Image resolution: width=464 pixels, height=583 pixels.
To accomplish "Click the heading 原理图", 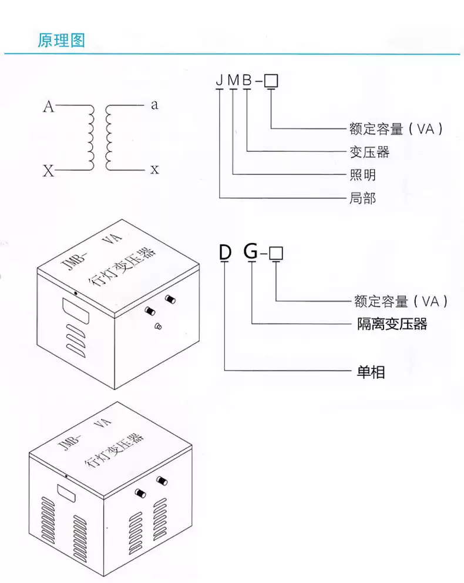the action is click(62, 41).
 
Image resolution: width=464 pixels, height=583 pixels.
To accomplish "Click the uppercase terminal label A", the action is click(49, 107).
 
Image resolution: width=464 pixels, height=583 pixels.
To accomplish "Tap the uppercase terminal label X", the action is click(48, 171).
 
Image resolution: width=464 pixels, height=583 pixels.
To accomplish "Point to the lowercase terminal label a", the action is click(154, 105).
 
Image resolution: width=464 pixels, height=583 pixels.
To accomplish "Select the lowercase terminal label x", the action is click(154, 170).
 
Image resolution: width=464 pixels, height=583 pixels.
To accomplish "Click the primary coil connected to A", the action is click(90, 138).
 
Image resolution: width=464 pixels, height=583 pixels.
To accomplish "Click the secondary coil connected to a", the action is click(109, 138).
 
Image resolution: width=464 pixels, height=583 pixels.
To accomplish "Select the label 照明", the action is click(362, 175).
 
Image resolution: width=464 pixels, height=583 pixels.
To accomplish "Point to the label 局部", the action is click(362, 198).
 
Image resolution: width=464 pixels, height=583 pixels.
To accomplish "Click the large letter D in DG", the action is click(225, 252).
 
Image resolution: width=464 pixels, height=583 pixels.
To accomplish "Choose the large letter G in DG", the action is click(251, 252).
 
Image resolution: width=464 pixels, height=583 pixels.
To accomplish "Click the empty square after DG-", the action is click(277, 253).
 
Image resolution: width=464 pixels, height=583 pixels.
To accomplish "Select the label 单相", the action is click(371, 372).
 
